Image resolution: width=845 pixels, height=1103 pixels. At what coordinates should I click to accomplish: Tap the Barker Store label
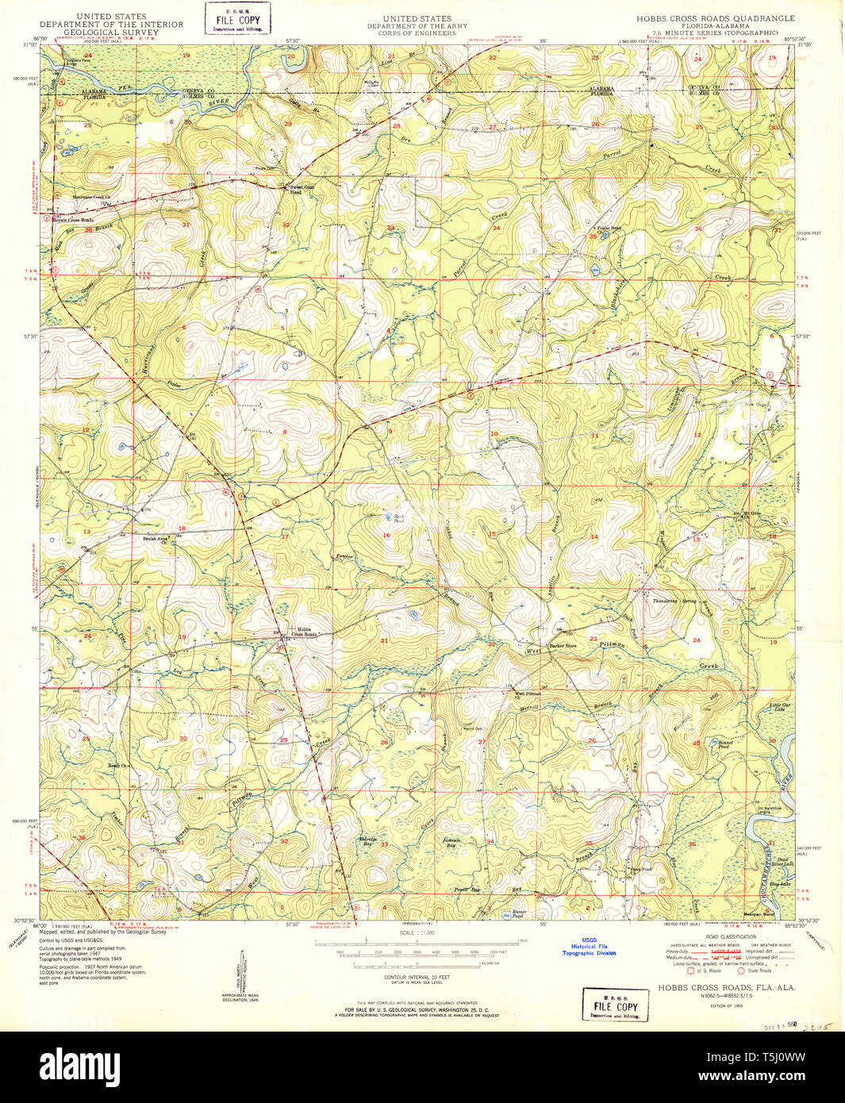pos(563,646)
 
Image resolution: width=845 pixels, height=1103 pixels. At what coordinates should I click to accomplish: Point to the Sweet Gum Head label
pos(295,189)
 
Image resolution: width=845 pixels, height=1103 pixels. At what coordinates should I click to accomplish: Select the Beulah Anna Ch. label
pos(156,539)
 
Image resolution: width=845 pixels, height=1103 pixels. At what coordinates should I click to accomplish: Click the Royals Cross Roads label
pos(73,220)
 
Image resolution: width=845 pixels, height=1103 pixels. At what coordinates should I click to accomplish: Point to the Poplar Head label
pos(609,228)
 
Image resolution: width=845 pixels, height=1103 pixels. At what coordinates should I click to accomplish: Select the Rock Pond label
pos(399,517)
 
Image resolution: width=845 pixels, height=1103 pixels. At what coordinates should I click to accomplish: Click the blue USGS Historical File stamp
pos(589,946)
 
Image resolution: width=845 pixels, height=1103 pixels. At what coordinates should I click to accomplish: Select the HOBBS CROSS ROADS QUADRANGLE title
pos(714,18)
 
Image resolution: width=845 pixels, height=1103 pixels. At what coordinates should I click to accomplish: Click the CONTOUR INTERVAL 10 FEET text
pos(417,977)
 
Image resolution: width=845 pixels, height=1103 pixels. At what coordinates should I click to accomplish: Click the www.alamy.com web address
pos(767,1077)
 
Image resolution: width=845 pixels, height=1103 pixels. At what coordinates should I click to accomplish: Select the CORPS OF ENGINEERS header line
pos(417,33)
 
